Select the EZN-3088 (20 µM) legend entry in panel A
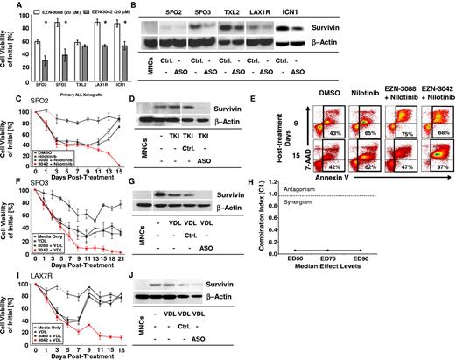[51, 8]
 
